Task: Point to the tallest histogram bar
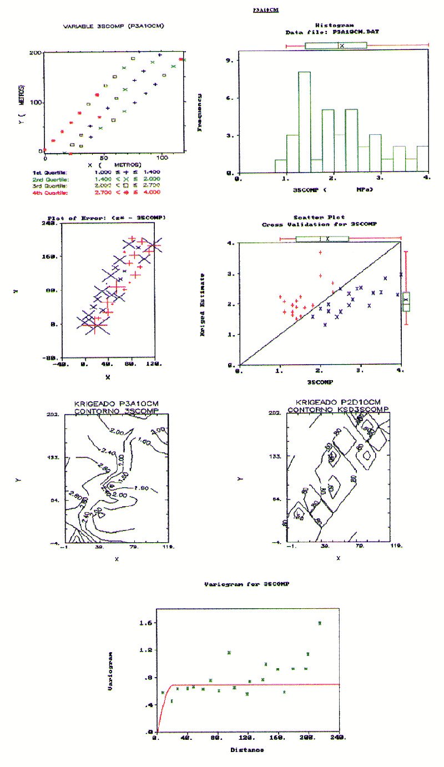[x=304, y=122]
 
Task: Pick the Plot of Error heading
[x=107, y=218]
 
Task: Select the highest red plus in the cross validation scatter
[x=320, y=253]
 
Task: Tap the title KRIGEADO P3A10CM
[x=108, y=402]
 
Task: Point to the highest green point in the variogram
[x=320, y=623]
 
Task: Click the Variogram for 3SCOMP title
[x=247, y=585]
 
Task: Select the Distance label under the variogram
[x=247, y=750]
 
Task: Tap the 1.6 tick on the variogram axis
[x=145, y=623]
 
